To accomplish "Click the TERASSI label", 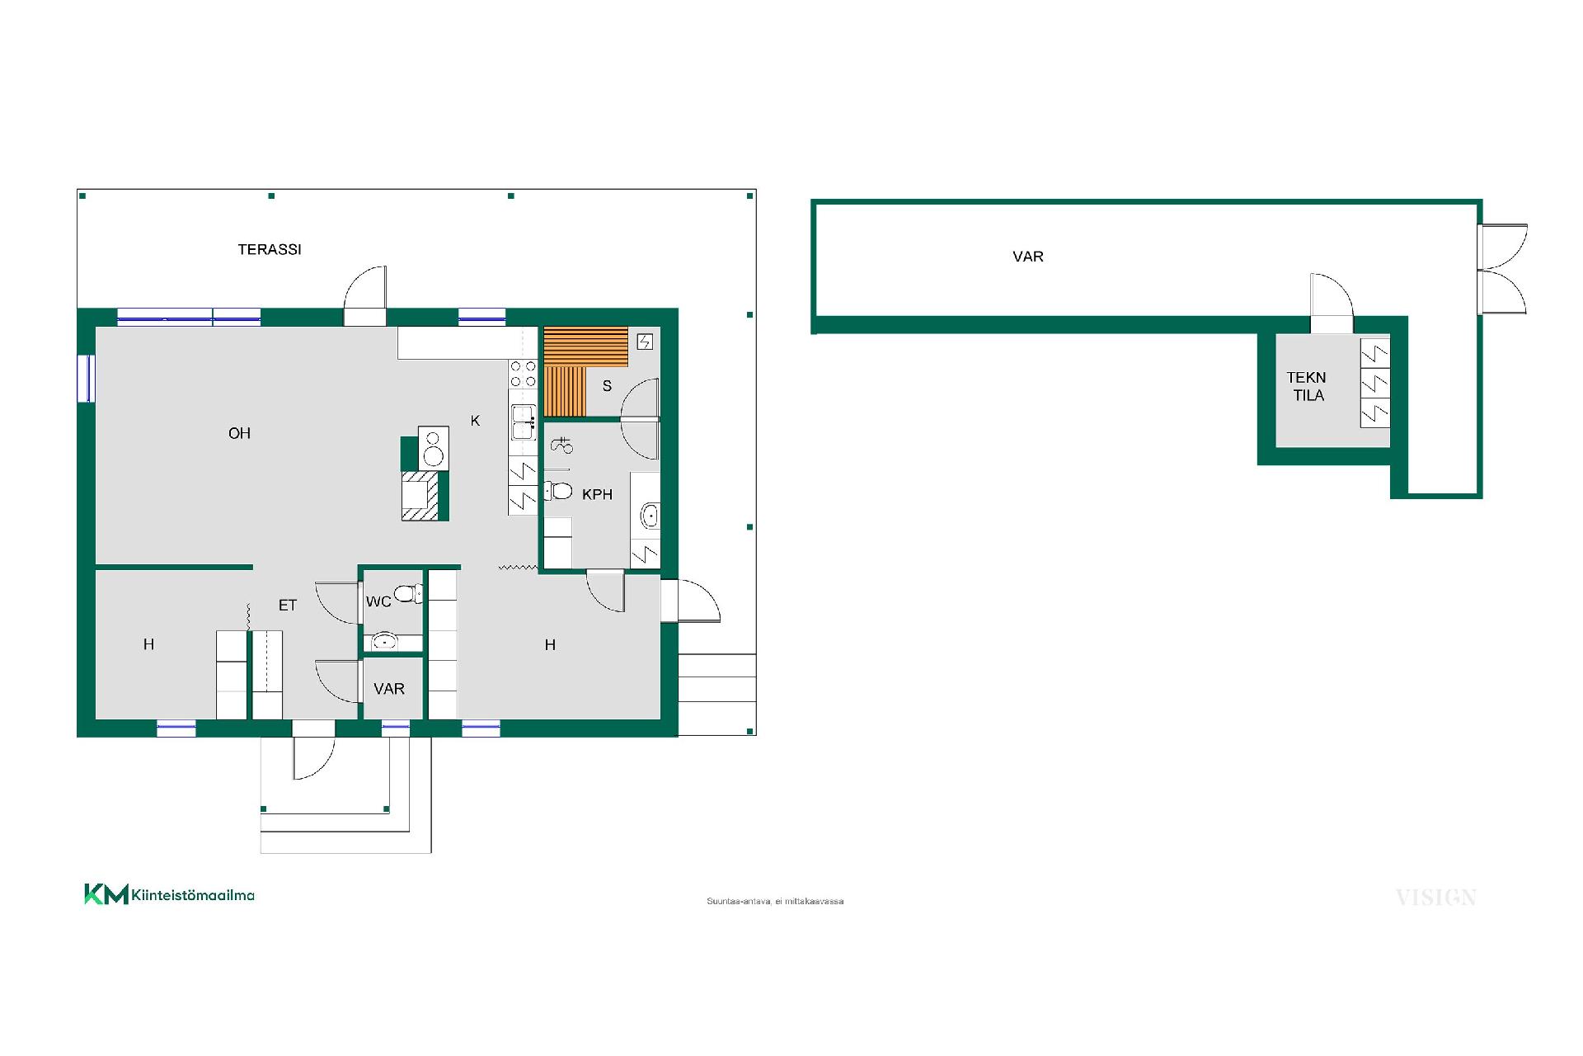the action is tap(270, 249).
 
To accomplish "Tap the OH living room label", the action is tap(239, 433).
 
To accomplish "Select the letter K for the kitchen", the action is tap(475, 421).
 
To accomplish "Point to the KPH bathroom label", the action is tap(597, 494).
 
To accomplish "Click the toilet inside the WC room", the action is tap(407, 592).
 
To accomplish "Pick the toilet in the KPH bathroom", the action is tap(558, 491).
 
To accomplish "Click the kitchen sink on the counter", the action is tap(523, 422).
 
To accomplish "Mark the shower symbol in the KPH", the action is tap(561, 445).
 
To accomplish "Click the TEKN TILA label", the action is tap(1307, 386).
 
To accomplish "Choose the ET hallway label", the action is tap(287, 606).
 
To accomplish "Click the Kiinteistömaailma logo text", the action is tap(193, 895).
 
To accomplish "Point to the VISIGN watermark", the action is tap(1435, 898).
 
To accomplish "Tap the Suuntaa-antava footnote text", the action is tap(775, 901).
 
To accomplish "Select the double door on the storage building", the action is tap(1502, 269).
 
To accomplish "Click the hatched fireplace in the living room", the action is tap(420, 496).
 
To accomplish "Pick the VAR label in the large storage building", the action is tap(1028, 257).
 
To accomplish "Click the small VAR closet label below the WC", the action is tap(389, 689).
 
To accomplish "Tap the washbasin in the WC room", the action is tap(384, 641).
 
